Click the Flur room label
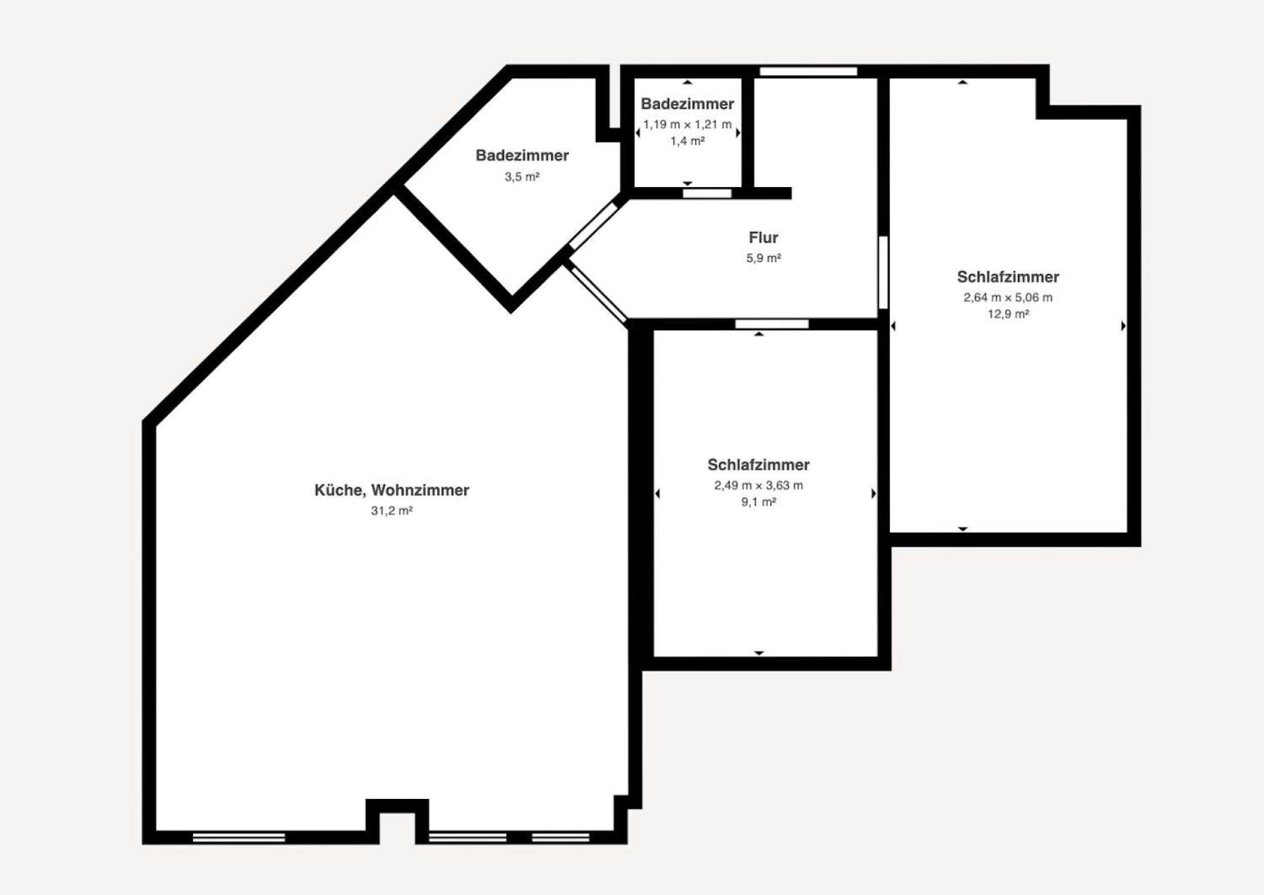763,238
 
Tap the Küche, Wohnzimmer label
392,490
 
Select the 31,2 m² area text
392,510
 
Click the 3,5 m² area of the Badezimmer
522,176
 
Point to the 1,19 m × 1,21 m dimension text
687,124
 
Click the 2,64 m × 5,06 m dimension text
1008,298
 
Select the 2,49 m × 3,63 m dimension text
758,485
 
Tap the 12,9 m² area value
1008,314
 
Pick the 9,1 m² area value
758,502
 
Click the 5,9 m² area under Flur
763,258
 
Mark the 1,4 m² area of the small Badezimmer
687,141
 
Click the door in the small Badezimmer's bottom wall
707,194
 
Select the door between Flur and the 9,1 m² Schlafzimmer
772,324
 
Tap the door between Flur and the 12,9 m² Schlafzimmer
883,272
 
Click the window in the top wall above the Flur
808,71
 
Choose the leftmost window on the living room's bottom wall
239,837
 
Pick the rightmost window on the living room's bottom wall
560,837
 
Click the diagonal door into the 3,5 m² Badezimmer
593,226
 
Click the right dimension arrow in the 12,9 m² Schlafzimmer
1123,326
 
